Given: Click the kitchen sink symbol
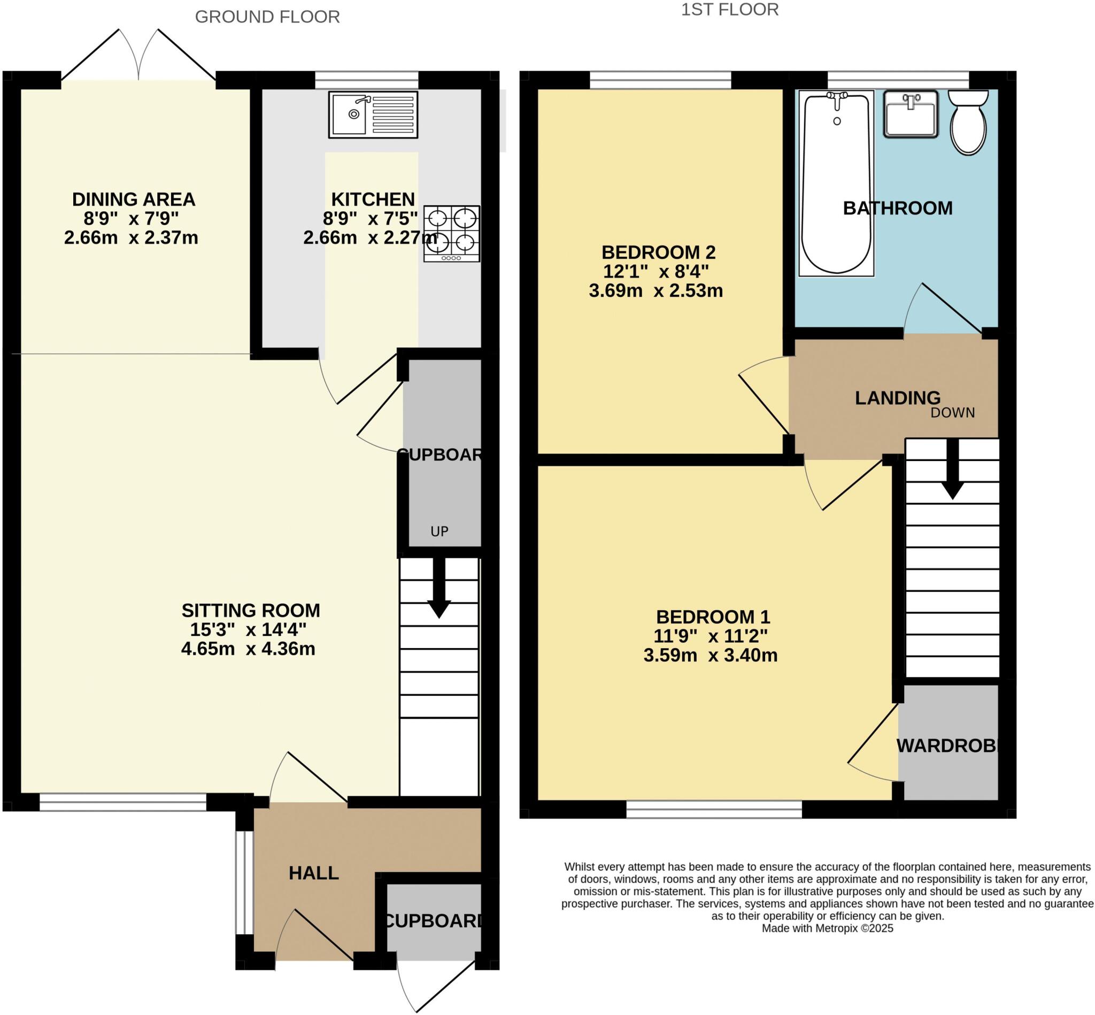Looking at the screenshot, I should (373, 114).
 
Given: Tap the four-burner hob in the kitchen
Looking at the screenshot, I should (451, 233).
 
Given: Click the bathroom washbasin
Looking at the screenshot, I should (910, 114).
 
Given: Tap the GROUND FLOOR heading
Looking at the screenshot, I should (267, 17).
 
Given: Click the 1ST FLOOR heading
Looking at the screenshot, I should (729, 10).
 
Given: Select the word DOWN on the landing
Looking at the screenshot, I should (952, 412).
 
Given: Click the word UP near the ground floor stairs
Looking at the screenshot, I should (439, 531).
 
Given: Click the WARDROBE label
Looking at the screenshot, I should (946, 745).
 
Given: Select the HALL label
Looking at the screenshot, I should (313, 873).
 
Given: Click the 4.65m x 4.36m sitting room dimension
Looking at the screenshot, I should (248, 649).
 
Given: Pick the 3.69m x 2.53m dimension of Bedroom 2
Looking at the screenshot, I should (656, 290).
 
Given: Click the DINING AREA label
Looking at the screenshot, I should (134, 199).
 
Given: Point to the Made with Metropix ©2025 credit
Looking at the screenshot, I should (827, 928).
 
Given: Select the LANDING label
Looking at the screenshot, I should (897, 398).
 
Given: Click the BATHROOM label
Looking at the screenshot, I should (897, 208).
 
